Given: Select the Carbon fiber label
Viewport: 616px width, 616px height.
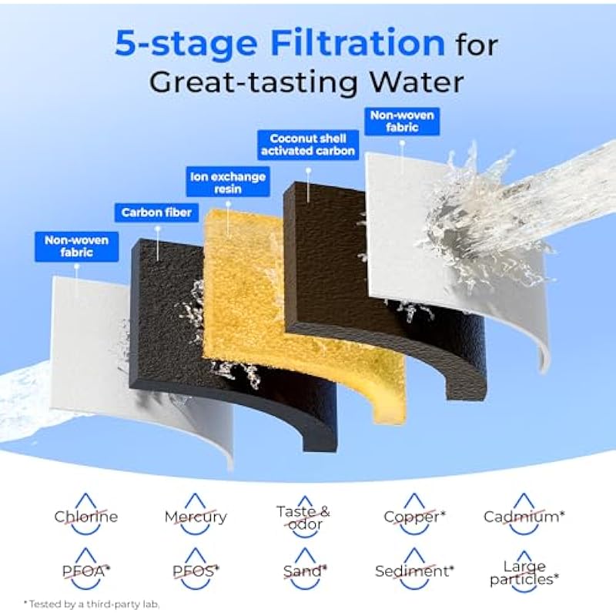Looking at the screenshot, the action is (x=156, y=213).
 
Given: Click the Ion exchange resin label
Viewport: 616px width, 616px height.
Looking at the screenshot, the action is (x=228, y=182).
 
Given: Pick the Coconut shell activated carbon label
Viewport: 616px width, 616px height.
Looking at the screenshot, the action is (x=308, y=145).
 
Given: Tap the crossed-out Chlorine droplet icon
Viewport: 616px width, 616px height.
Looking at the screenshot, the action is (x=86, y=514).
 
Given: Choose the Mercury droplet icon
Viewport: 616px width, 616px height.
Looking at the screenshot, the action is (x=196, y=514).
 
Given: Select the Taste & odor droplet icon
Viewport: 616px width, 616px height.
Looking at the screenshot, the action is (x=303, y=515).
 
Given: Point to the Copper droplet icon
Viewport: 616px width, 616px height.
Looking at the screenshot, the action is (x=413, y=514).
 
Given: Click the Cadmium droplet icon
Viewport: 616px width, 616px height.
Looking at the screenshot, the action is (x=524, y=514).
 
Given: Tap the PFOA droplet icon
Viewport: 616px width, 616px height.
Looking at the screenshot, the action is (x=86, y=568).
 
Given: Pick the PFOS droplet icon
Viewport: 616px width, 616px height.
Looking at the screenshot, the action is (x=196, y=568).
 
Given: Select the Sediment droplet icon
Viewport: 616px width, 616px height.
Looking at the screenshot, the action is (x=414, y=568).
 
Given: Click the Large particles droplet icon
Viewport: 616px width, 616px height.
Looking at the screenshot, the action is (x=524, y=571).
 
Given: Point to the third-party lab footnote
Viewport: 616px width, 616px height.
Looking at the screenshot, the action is (x=92, y=604).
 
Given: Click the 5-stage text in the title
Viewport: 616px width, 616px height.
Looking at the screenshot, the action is (x=186, y=43).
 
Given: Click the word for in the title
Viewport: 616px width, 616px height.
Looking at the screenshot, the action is (x=477, y=45).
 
